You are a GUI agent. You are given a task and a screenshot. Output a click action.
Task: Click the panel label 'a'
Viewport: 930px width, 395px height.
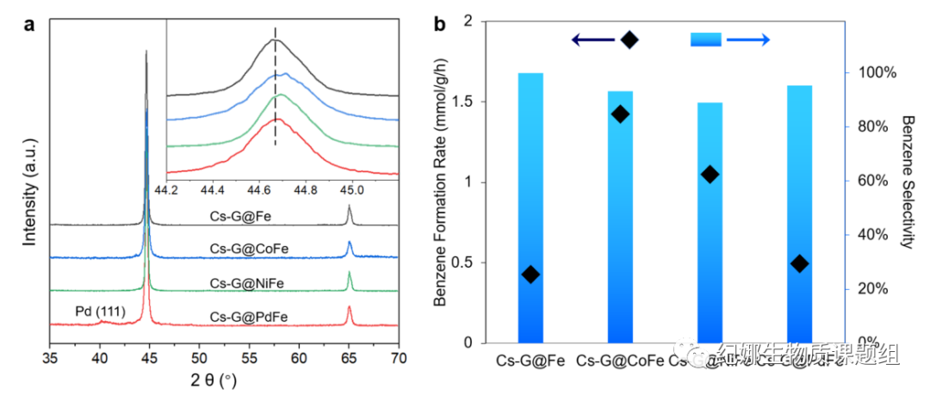tap(29, 24)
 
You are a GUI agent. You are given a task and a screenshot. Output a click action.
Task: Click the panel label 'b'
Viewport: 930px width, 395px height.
tap(439, 24)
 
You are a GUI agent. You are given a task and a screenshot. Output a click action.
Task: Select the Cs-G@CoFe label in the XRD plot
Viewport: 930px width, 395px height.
tap(249, 249)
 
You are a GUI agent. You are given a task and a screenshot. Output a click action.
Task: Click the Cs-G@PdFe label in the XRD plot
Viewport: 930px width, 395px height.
tap(249, 318)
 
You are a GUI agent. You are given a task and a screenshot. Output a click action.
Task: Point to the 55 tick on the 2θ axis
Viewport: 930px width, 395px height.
tap(250, 355)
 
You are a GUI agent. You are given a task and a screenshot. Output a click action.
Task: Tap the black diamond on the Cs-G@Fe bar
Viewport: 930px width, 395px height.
tap(530, 274)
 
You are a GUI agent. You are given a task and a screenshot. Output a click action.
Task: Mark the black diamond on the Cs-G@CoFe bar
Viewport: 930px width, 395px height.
tap(620, 114)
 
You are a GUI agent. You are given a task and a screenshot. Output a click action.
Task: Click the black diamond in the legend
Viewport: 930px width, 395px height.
tap(629, 40)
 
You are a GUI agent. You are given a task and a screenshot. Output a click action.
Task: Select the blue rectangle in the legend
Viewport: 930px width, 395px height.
tap(705, 40)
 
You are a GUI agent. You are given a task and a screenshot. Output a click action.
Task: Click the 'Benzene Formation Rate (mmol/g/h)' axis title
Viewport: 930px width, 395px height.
tap(440, 181)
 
